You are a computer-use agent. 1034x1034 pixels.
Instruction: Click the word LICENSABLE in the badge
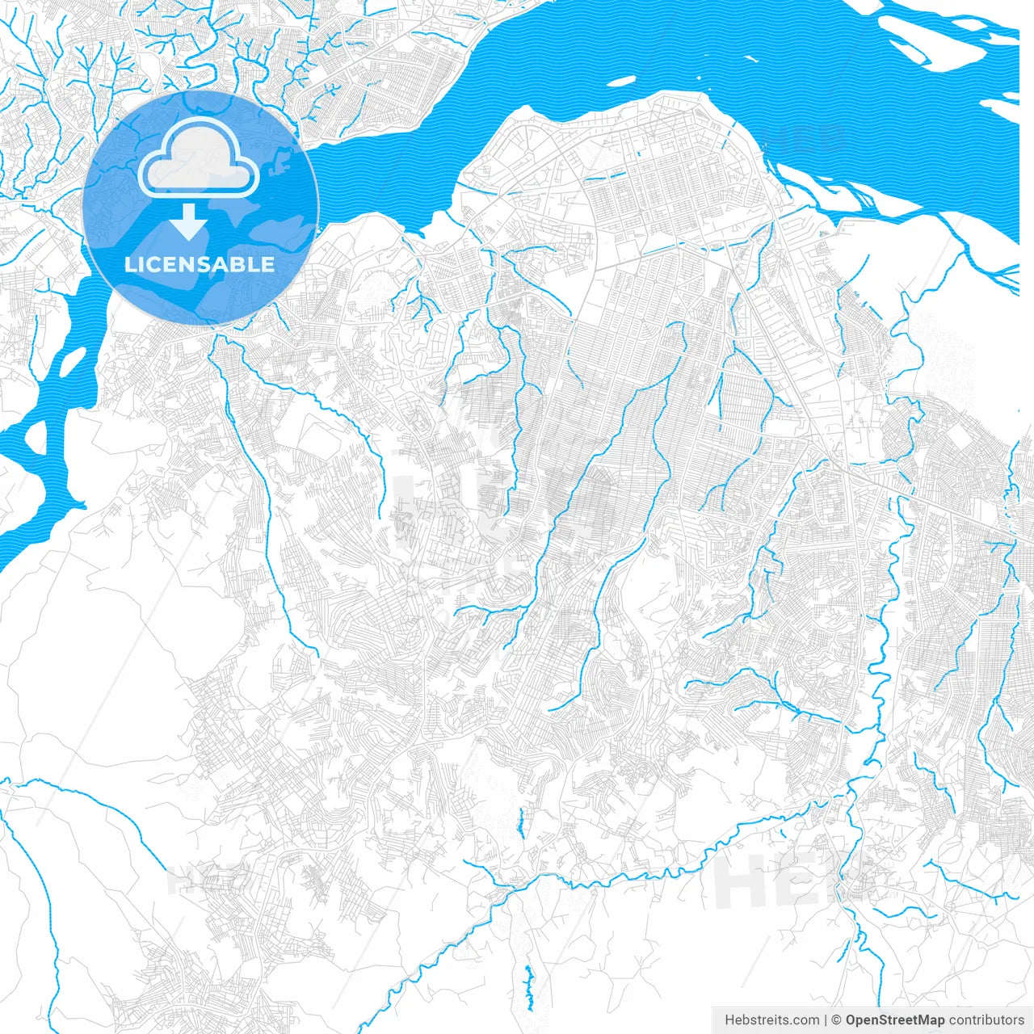pos(200,264)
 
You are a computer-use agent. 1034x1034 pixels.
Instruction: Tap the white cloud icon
pos(199,158)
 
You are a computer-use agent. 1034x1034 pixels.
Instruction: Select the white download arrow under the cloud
pos(189,221)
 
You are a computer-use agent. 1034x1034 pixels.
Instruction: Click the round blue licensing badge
pos(200,208)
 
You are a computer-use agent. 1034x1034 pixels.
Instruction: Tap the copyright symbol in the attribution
pos(837,1020)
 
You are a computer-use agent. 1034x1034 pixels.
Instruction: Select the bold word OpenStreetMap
pos(894,1020)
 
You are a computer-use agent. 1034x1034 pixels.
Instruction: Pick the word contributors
pos(986,1020)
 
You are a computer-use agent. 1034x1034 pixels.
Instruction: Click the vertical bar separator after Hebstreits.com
pos(826,1020)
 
